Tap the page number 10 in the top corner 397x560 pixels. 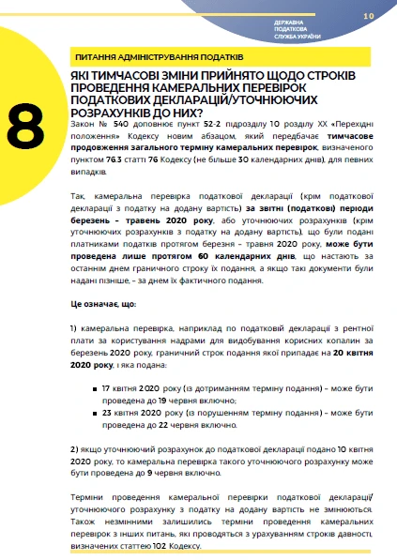(x=368, y=16)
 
